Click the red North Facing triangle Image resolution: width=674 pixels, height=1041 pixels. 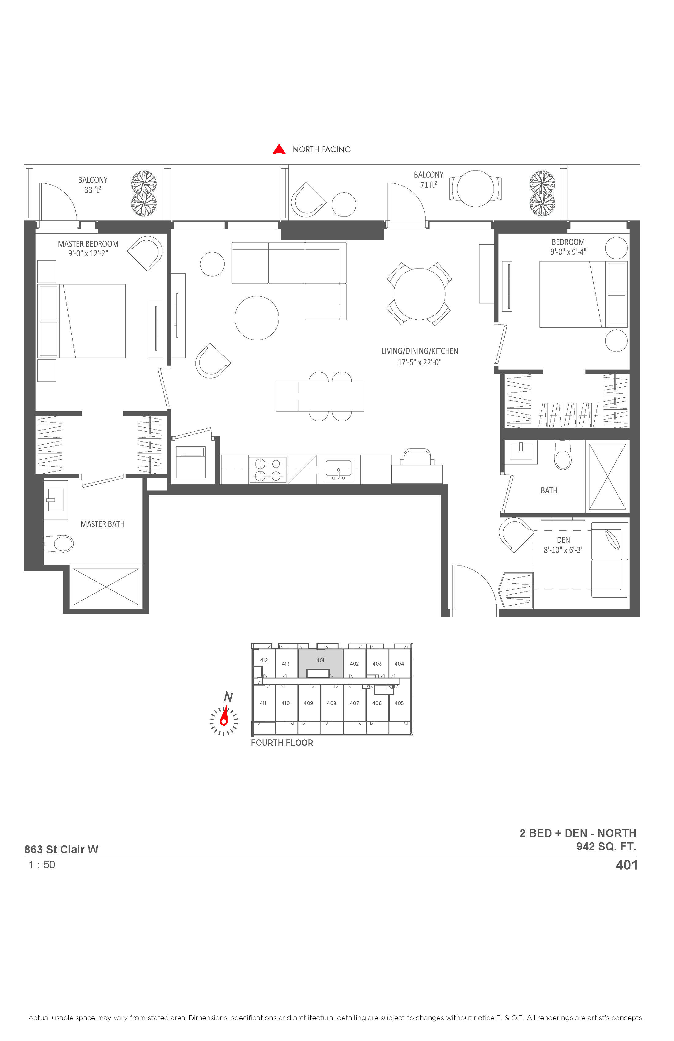279,150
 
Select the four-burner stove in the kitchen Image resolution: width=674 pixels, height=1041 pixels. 268,470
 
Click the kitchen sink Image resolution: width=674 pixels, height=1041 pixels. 338,470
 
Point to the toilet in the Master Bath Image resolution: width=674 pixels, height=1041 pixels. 60,544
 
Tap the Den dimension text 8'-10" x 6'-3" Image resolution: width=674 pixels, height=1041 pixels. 564,550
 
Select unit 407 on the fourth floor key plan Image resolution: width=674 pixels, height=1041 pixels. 354,703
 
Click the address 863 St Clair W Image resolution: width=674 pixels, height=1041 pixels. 61,849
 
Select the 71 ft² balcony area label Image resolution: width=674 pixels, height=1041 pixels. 429,185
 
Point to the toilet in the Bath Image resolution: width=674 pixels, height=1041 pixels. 563,455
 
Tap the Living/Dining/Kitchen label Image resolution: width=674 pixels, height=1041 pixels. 420,351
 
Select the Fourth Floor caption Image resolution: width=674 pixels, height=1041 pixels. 282,743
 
